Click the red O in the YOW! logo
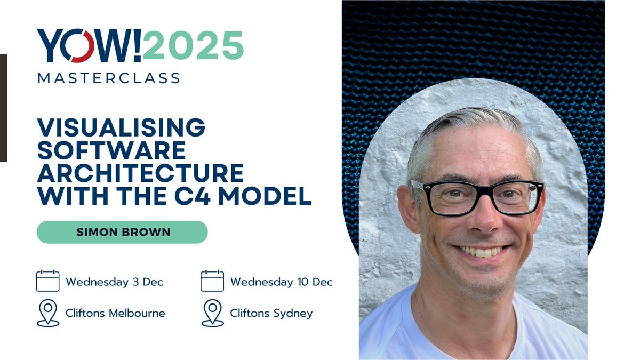(x=82, y=46)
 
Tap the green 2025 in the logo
(x=193, y=46)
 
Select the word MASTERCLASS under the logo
(x=108, y=78)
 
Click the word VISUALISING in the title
(x=121, y=127)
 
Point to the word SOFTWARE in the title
(x=111, y=150)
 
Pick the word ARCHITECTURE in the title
(x=140, y=173)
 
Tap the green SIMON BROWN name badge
(x=122, y=232)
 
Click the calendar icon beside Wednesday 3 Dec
(x=47, y=281)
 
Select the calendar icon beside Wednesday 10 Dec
(x=212, y=281)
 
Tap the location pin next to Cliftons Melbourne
(x=47, y=313)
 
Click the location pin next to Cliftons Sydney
(x=212, y=313)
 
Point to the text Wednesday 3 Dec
(x=114, y=282)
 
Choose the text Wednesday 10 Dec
(x=281, y=282)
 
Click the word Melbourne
(x=137, y=313)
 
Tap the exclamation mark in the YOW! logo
(x=135, y=46)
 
